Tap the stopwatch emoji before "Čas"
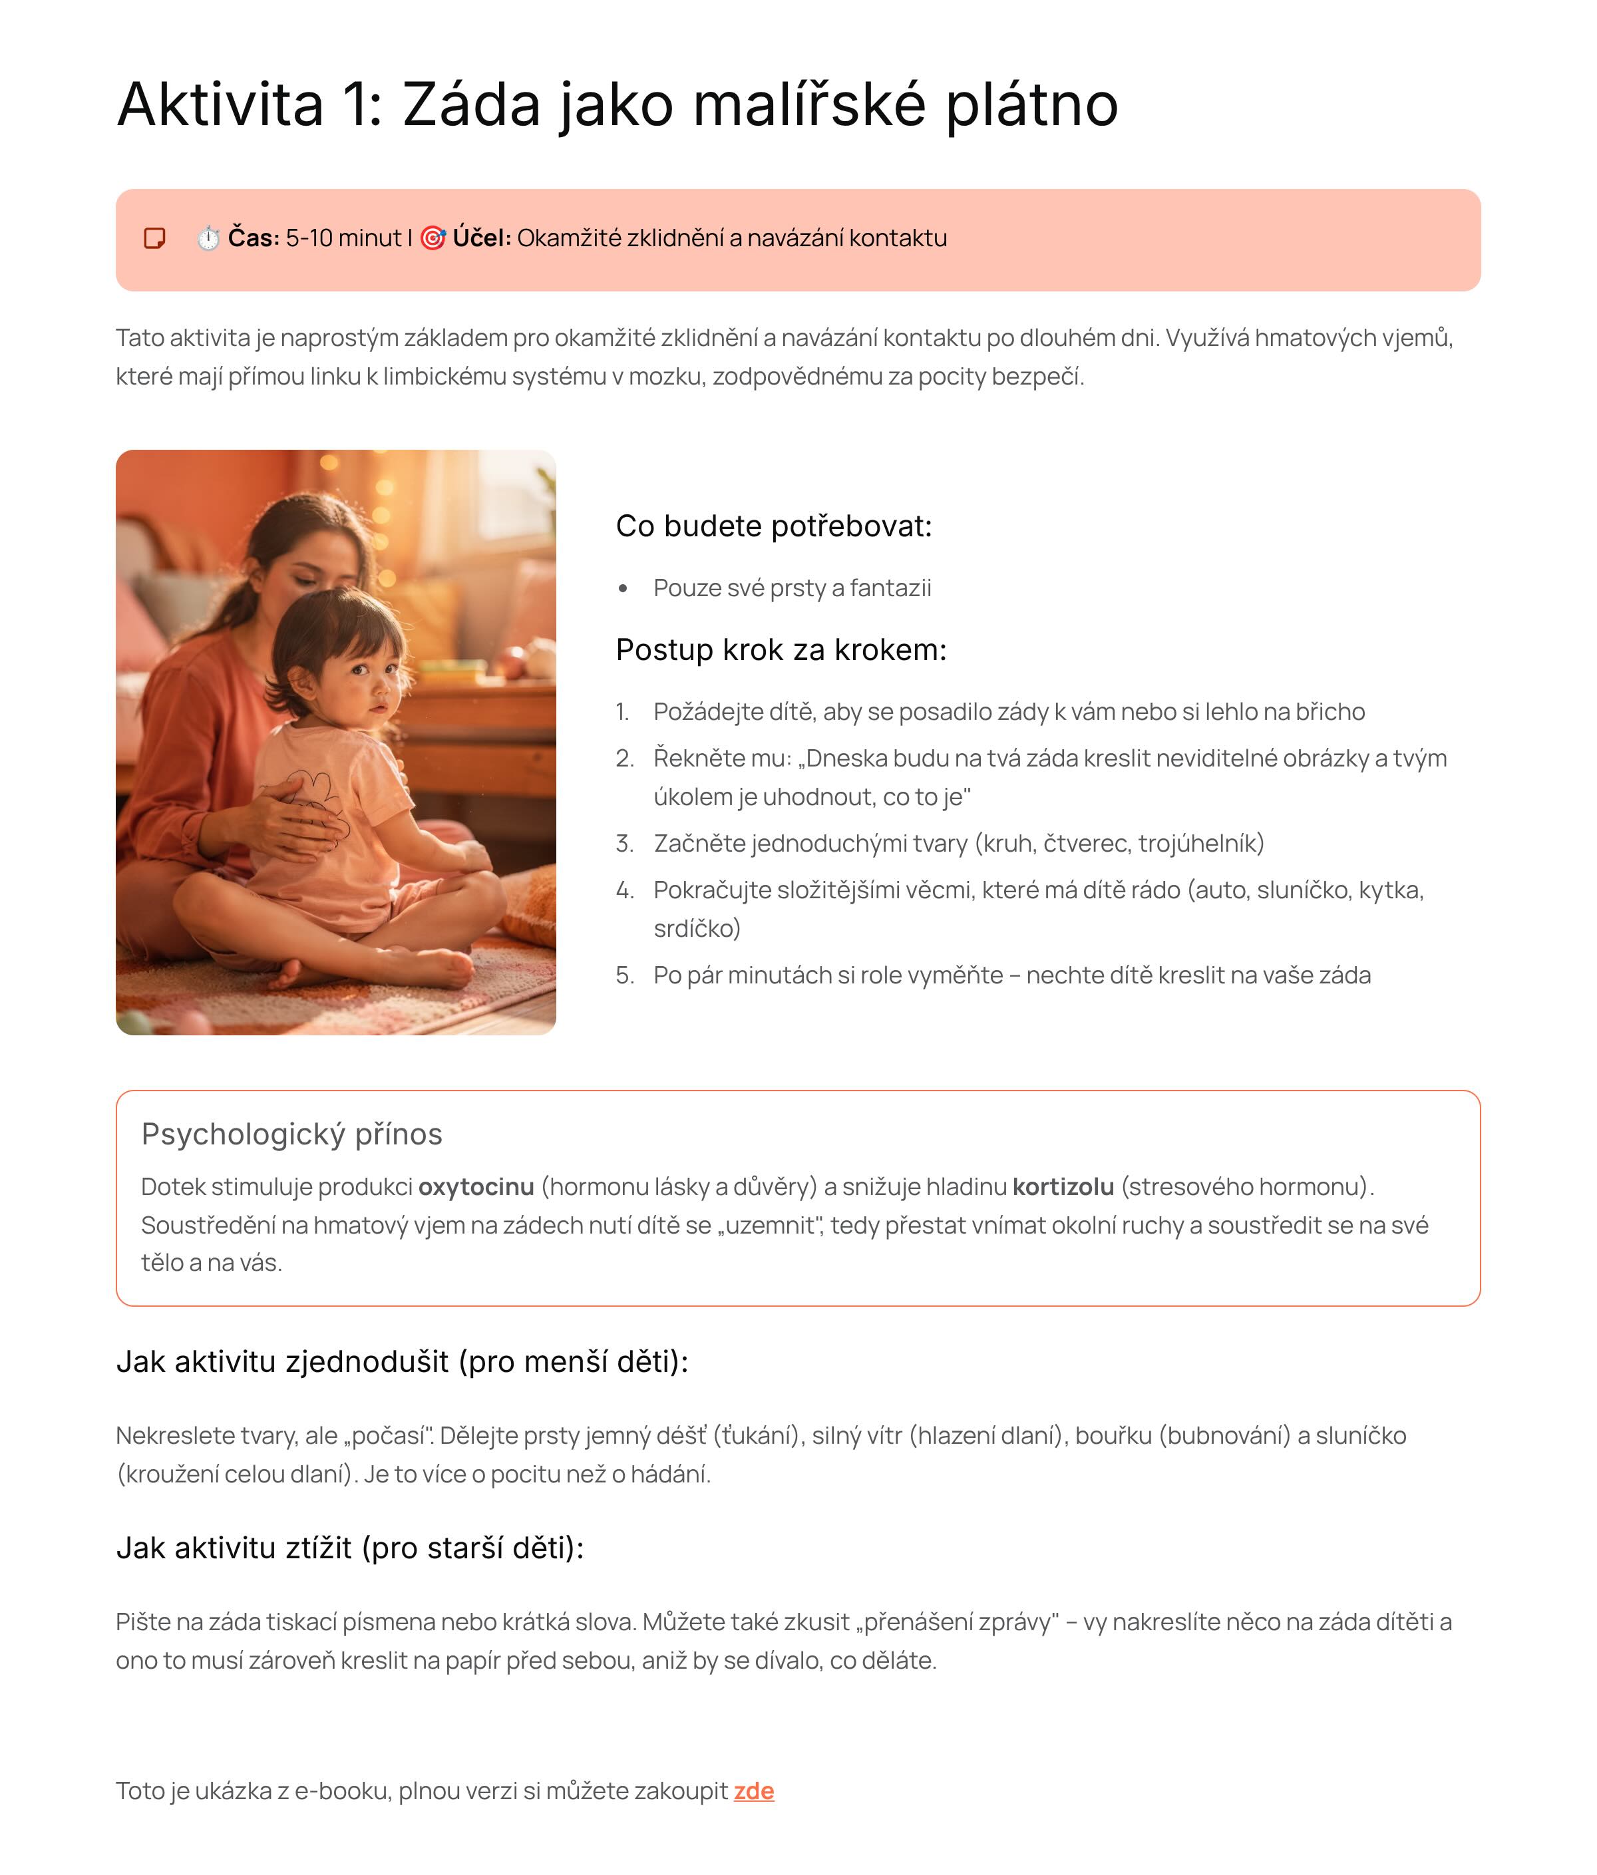[208, 238]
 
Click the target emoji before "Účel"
[433, 238]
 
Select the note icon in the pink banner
[155, 238]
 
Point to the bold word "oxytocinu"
[476, 1186]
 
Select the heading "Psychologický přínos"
[291, 1134]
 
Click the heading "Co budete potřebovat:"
[774, 526]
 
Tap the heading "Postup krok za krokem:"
[781, 650]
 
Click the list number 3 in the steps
[623, 844]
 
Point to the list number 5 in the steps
[623, 975]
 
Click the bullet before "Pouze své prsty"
[623, 589]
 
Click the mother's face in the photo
[312, 566]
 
